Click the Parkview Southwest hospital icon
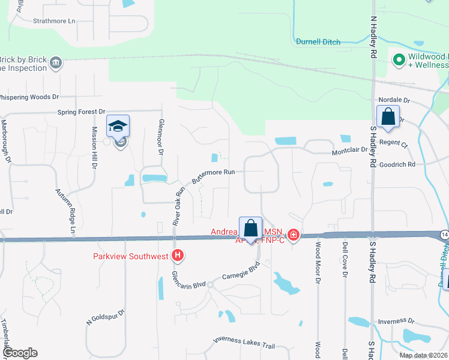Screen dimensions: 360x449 click(178, 256)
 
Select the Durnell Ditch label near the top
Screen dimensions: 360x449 click(318, 42)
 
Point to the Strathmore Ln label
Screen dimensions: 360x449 click(55, 21)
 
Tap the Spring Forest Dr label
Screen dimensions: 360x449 click(80, 112)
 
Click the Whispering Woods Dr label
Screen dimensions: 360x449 click(29, 97)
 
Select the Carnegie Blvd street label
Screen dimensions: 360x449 click(240, 277)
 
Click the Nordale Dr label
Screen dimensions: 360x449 click(394, 100)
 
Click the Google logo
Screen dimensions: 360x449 click(19, 353)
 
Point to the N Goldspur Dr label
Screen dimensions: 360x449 click(105, 317)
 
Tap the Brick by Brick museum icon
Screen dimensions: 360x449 click(56, 62)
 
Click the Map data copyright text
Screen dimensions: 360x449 click(423, 355)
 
